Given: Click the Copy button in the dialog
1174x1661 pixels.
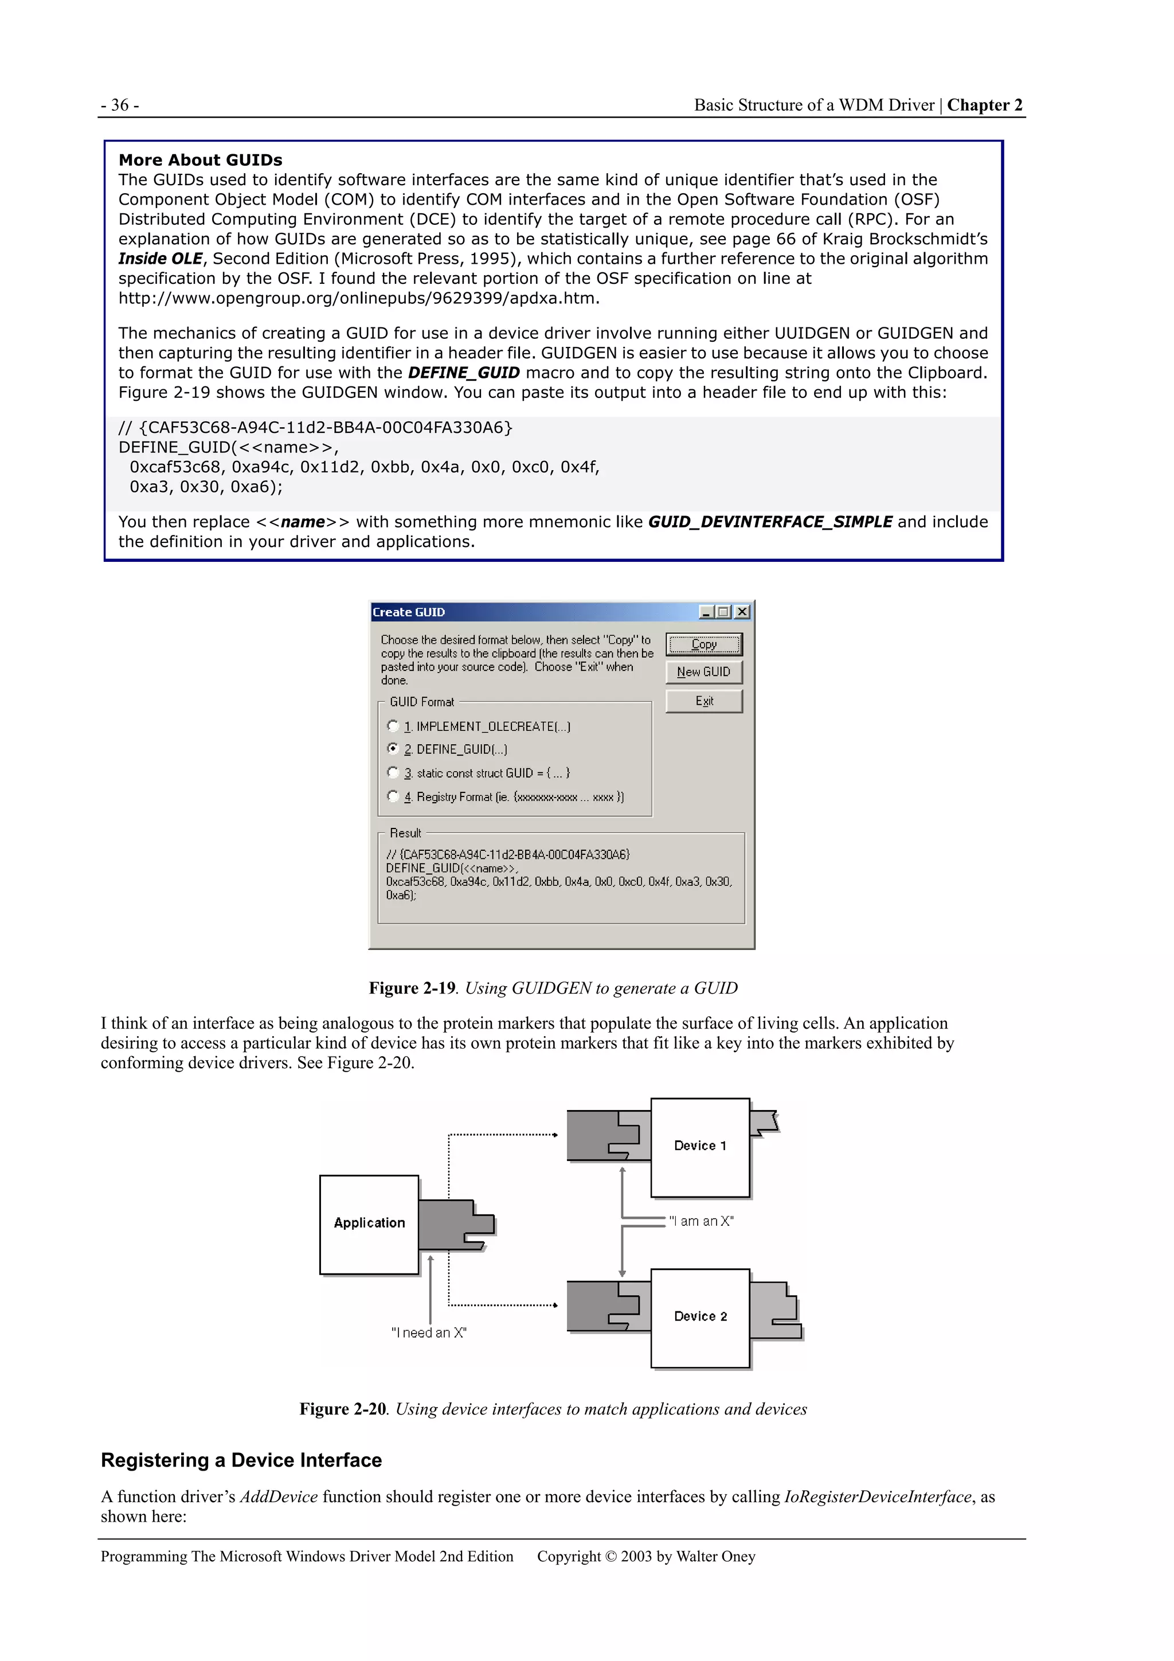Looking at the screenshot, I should click(x=703, y=644).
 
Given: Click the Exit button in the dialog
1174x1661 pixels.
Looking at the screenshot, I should click(x=703, y=701).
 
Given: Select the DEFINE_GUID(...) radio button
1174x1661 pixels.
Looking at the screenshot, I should click(x=393, y=749).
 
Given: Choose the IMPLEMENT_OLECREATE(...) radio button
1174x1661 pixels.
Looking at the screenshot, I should click(x=393, y=726).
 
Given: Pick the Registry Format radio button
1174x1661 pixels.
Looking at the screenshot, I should click(x=393, y=796).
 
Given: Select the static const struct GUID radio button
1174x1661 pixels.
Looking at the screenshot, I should click(x=393, y=773).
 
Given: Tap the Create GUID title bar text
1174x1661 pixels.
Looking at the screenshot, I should click(x=409, y=612).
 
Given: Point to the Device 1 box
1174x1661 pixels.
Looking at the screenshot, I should click(x=699, y=1146).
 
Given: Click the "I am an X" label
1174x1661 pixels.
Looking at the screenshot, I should click(x=701, y=1221).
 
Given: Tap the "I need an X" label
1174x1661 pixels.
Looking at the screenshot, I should click(x=429, y=1332).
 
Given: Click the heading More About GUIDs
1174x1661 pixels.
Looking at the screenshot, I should click(x=201, y=160).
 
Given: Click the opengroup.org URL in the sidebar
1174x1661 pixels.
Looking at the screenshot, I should click(x=359, y=298).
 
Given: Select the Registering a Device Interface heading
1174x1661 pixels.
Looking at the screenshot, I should click(x=241, y=1460).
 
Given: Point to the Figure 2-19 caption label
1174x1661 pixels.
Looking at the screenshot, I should click(x=412, y=988).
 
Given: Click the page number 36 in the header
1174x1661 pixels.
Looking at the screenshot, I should click(x=120, y=105).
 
